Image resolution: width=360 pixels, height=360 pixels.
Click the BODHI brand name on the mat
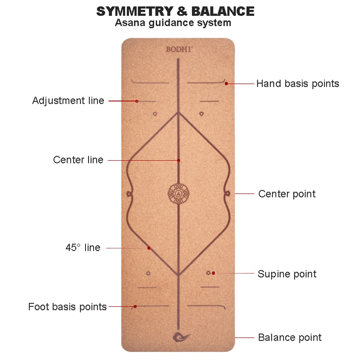[178, 49]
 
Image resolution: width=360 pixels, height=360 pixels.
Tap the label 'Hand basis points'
[297, 83]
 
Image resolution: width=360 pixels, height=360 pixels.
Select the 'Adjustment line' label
[68, 100]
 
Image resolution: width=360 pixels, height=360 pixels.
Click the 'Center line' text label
[78, 160]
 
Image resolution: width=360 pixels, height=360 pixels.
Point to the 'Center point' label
[287, 194]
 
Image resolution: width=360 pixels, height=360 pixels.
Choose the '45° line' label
[83, 247]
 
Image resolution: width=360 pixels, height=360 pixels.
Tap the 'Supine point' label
[287, 274]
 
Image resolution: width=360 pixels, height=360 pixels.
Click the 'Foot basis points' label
[67, 307]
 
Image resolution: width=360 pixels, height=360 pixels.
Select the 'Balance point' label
[289, 337]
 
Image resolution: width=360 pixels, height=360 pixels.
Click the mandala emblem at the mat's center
[178, 193]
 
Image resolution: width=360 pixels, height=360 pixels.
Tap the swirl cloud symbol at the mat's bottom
[181, 337]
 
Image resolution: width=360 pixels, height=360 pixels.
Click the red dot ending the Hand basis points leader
[226, 83]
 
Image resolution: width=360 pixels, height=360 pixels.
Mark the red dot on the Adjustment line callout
[137, 101]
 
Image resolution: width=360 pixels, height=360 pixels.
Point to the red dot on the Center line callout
[179, 160]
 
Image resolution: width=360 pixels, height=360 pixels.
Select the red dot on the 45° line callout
[148, 248]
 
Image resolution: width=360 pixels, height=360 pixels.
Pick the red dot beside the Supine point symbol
[214, 273]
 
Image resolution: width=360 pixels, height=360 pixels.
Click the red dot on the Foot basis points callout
[135, 307]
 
